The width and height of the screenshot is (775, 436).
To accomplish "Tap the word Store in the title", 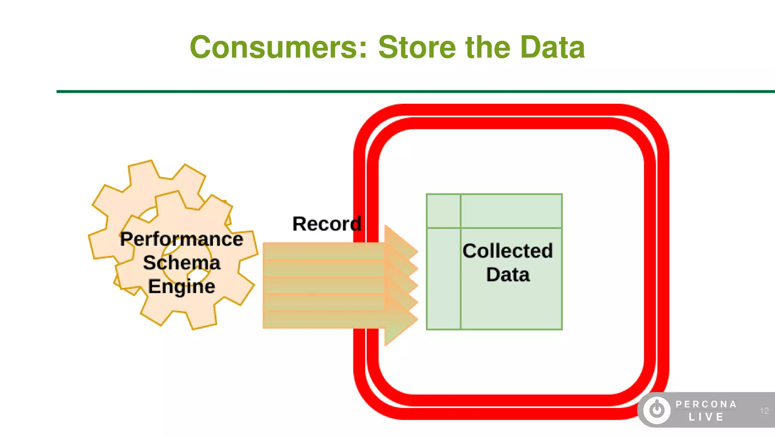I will point(417,47).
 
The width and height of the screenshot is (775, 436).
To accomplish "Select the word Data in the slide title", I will point(552,47).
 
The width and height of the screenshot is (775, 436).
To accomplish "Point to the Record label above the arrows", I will point(327,224).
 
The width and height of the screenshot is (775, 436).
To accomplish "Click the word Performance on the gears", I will point(181,239).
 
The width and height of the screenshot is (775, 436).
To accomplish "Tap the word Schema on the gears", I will point(181,263).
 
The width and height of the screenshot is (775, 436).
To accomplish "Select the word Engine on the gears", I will point(181,287).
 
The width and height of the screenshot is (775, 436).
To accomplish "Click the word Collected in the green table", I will point(507,251).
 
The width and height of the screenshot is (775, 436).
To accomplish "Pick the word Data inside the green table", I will point(507,275).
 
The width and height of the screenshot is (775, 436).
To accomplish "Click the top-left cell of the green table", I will point(443,211).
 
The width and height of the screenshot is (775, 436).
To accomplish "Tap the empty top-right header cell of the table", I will point(511,211).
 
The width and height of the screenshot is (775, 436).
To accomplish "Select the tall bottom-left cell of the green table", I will point(443,279).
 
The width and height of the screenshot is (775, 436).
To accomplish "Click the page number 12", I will point(764,411).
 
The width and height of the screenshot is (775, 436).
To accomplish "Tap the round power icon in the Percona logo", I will point(657,410).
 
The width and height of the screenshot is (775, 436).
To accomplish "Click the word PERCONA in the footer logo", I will point(706,404).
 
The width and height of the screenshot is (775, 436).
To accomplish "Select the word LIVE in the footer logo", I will point(706,417).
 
